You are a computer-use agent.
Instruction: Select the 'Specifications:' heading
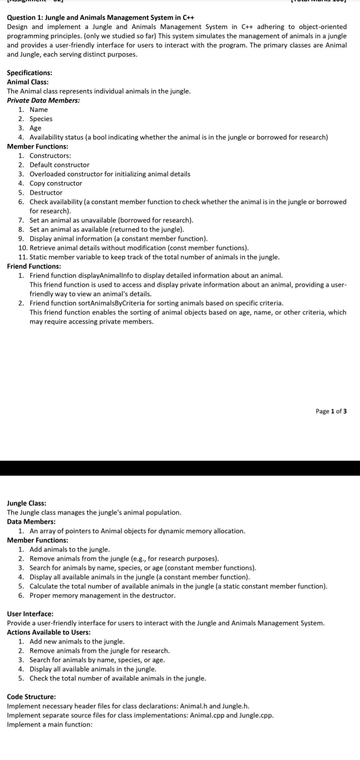point(29,73)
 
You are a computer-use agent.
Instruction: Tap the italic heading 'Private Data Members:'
point(43,100)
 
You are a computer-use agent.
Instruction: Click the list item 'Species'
point(41,119)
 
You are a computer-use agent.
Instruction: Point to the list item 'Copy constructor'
point(56,183)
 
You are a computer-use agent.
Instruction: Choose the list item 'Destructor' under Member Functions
point(46,193)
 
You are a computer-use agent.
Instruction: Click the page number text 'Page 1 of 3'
point(331,411)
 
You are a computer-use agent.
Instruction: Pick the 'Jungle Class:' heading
point(27,503)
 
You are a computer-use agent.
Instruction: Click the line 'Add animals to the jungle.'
point(70,549)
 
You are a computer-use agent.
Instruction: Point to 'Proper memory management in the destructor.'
point(102,595)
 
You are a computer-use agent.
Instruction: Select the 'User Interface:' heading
point(30,614)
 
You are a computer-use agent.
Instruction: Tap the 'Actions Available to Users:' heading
point(49,632)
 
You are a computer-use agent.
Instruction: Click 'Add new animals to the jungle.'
point(77,641)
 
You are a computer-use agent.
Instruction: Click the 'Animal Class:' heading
point(28,82)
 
